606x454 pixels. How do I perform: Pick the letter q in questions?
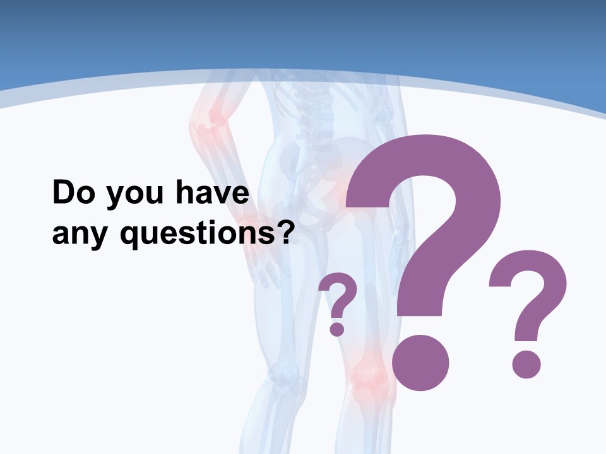[x=129, y=236]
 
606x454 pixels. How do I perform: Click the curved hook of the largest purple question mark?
[x=442, y=189]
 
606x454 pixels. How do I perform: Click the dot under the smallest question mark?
[x=337, y=329]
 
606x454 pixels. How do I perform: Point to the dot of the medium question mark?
[x=526, y=364]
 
